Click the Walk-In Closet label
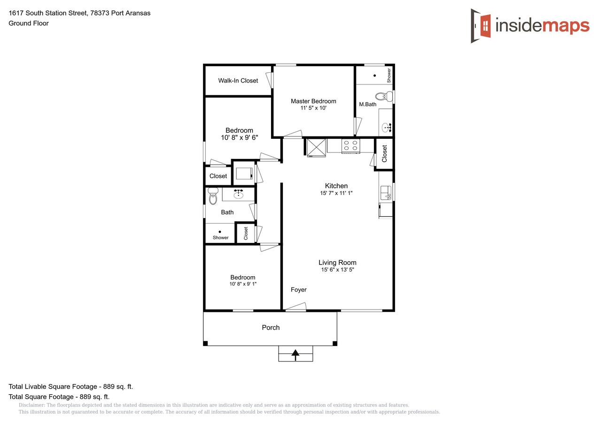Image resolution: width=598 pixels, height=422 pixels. (x=238, y=81)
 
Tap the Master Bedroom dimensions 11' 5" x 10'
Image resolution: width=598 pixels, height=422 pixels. (x=313, y=108)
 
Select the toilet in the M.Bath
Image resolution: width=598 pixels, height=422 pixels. (x=384, y=96)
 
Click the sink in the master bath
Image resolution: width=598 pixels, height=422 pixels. (x=387, y=128)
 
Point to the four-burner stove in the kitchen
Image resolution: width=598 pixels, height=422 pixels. (x=350, y=146)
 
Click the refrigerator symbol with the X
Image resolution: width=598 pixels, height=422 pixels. (x=316, y=147)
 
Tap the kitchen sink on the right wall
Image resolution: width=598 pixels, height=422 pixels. (x=386, y=193)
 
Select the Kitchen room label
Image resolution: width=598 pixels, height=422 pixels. (x=336, y=186)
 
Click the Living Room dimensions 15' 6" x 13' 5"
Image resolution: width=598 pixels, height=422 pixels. (x=337, y=270)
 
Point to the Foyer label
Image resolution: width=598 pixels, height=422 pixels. (x=298, y=290)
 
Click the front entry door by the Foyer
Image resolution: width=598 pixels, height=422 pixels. (x=296, y=307)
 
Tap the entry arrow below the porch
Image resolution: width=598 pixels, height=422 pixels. (x=295, y=355)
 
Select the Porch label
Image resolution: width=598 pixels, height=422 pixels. (x=271, y=327)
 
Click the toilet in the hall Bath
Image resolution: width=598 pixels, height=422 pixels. (x=213, y=196)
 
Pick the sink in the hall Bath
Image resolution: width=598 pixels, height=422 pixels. (x=238, y=194)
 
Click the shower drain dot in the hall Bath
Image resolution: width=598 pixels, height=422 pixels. (x=220, y=232)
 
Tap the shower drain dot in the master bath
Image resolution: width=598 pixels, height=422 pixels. (x=374, y=75)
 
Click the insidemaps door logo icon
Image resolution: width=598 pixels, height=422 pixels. (x=481, y=26)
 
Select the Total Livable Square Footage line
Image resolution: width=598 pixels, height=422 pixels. (x=71, y=386)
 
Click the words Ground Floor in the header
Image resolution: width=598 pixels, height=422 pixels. (x=29, y=23)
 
